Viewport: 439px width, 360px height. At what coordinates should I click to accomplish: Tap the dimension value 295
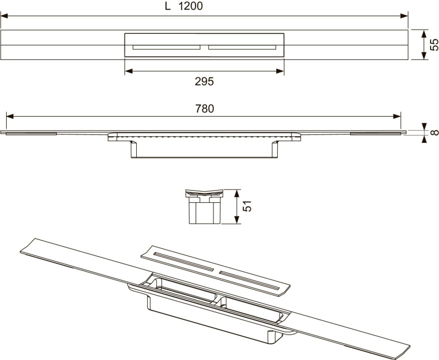204,81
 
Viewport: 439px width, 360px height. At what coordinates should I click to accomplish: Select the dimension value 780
204,109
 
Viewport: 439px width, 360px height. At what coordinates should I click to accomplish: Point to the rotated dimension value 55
433,45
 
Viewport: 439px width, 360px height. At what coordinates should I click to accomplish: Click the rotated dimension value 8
433,132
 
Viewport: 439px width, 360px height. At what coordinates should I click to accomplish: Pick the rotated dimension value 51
249,206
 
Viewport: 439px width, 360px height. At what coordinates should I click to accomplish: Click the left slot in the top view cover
166,48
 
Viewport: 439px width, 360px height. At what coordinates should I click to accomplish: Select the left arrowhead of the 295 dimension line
128,71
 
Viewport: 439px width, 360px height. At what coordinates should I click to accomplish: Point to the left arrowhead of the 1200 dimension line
4,16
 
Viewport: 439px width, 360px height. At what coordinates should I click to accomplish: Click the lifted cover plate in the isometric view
217,269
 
